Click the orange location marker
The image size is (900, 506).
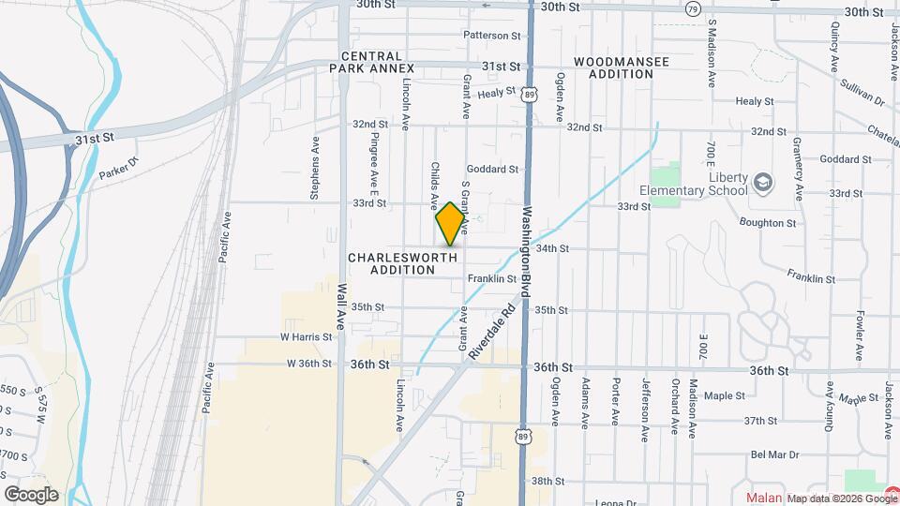click(x=450, y=224)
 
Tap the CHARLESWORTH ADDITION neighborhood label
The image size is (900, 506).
click(x=402, y=263)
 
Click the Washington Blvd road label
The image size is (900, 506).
click(x=527, y=252)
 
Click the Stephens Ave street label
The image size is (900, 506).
click(x=316, y=176)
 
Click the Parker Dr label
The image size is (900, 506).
click(x=119, y=171)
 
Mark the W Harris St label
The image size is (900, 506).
click(x=306, y=336)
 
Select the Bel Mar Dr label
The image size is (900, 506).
click(x=773, y=454)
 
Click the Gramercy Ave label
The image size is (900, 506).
click(x=798, y=173)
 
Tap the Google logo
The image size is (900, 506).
click(x=30, y=495)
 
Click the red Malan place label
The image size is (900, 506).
click(x=764, y=498)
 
